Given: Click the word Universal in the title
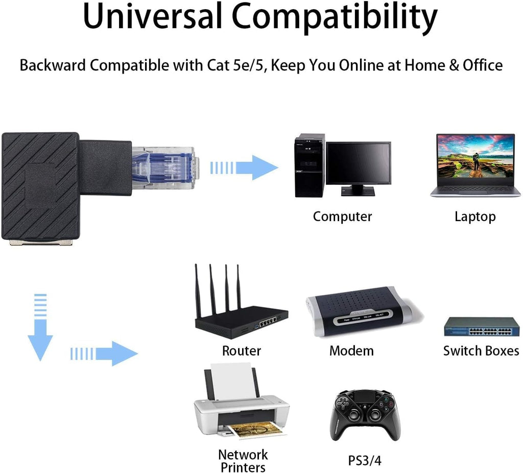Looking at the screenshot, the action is click(152, 16).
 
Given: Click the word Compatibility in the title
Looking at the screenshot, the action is click(335, 18).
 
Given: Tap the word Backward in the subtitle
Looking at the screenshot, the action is click(53, 65).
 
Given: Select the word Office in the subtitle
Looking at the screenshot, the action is click(482, 65).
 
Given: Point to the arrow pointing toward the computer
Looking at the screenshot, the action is click(244, 168).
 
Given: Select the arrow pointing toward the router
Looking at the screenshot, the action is click(104, 353).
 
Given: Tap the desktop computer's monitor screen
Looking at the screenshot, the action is click(358, 163).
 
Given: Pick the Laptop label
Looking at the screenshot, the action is click(475, 217).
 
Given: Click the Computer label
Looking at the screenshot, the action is click(342, 217).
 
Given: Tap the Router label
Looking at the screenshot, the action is click(242, 350).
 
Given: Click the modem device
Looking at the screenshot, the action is click(364, 312).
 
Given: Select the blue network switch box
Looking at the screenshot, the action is click(482, 326).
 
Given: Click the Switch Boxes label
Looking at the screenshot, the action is click(481, 350).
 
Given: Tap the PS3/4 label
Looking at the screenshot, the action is click(365, 461).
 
